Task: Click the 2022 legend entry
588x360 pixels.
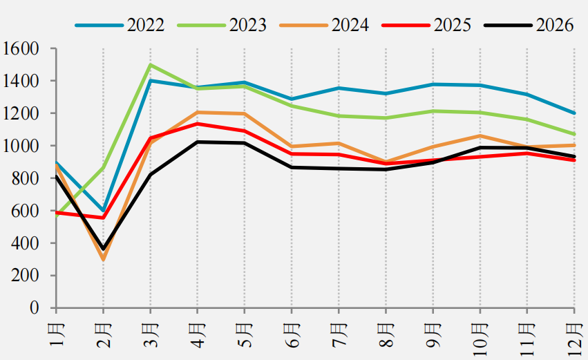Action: tap(120, 25)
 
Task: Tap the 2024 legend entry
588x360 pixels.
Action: tap(324, 25)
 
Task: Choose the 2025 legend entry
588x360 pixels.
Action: tap(427, 25)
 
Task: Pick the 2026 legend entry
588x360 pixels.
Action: tap(529, 25)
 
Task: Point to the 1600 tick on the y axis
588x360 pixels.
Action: tap(21, 48)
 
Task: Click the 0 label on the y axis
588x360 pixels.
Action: tap(35, 308)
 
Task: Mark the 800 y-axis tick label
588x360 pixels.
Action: tap(25, 178)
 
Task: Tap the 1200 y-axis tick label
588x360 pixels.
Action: tap(21, 113)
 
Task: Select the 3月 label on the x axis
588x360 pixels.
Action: tap(151, 335)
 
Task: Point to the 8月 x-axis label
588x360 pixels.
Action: tap(386, 335)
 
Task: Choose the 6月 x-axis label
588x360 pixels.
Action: tap(292, 335)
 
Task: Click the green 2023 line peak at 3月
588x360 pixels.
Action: tap(151, 64)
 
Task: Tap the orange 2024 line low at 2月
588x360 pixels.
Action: tap(103, 259)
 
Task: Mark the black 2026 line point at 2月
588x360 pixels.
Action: tap(103, 249)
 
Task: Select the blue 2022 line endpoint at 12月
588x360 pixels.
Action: tap(574, 113)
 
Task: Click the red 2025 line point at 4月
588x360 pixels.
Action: tap(197, 124)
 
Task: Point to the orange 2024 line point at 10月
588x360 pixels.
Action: tap(480, 135)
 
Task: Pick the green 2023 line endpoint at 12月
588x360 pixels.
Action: tap(574, 134)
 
